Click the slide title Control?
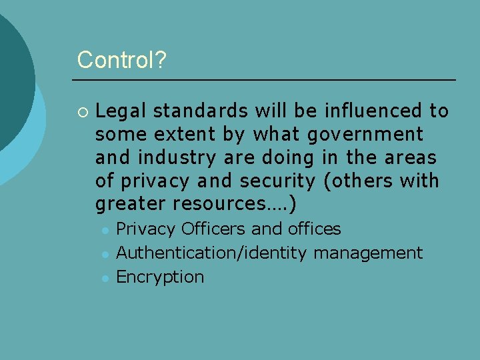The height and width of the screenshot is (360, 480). [x=122, y=60]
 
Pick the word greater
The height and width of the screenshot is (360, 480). [x=131, y=204]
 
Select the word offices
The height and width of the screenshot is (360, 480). [x=314, y=229]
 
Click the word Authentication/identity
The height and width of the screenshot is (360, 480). [x=211, y=253]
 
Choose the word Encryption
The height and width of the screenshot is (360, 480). [x=160, y=277]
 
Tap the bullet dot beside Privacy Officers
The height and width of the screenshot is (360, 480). [x=105, y=230]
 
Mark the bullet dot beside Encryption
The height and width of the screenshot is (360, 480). [x=105, y=277]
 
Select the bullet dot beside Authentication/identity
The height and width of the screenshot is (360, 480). [x=105, y=254]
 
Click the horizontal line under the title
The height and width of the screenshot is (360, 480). [x=264, y=80]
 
